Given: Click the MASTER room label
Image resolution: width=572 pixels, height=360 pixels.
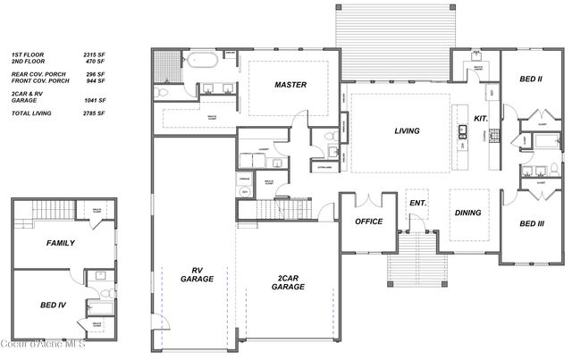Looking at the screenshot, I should point(291,85).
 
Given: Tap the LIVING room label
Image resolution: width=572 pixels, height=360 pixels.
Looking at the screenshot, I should point(407,131).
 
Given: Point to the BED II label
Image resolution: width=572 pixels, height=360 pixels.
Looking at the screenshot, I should point(531,80).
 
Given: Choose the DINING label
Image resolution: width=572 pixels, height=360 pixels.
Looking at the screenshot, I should point(468,213).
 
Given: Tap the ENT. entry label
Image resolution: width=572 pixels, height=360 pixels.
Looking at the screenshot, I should point(417,203).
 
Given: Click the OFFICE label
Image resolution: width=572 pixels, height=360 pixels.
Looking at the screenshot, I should point(368,221).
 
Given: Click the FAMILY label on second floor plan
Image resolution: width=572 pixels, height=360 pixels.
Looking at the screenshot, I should point(61,242).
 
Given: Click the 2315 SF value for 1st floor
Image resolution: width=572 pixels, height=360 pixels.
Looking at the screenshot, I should point(96,54).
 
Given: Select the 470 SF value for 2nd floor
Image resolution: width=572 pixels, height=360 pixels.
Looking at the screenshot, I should point(97,62).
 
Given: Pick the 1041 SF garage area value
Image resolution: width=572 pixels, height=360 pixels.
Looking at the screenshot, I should point(96,101).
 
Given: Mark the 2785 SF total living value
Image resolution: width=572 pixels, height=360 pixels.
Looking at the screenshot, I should point(96,114).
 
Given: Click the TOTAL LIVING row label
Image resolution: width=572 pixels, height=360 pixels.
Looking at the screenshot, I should point(31,114).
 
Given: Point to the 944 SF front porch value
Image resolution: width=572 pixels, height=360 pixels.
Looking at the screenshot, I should point(97,81).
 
